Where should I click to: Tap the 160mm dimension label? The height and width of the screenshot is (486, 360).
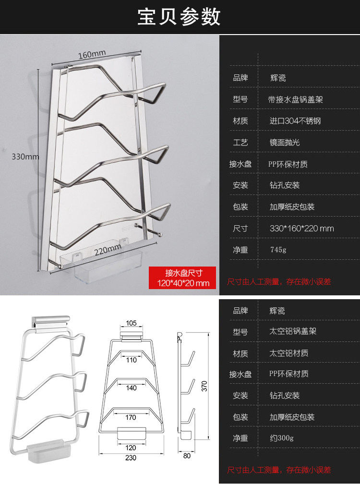(x=92, y=53)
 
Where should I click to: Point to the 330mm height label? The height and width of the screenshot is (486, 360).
(x=25, y=157)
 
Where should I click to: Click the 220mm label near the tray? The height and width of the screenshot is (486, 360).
(x=107, y=251)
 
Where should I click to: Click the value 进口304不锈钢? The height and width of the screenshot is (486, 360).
(x=295, y=121)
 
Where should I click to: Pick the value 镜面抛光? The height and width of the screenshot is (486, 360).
(x=285, y=143)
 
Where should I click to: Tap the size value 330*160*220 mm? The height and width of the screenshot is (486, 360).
(x=301, y=228)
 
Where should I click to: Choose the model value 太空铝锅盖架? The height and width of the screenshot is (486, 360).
(x=293, y=331)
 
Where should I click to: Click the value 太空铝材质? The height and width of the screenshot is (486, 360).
(x=289, y=353)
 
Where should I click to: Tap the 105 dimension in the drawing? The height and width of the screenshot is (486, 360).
(x=131, y=322)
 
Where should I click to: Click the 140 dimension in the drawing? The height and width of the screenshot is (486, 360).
(x=131, y=388)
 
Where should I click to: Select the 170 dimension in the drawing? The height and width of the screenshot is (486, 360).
(x=131, y=417)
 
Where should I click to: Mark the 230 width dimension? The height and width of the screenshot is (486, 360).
(x=131, y=458)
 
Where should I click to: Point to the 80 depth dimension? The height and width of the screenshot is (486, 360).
(x=187, y=456)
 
